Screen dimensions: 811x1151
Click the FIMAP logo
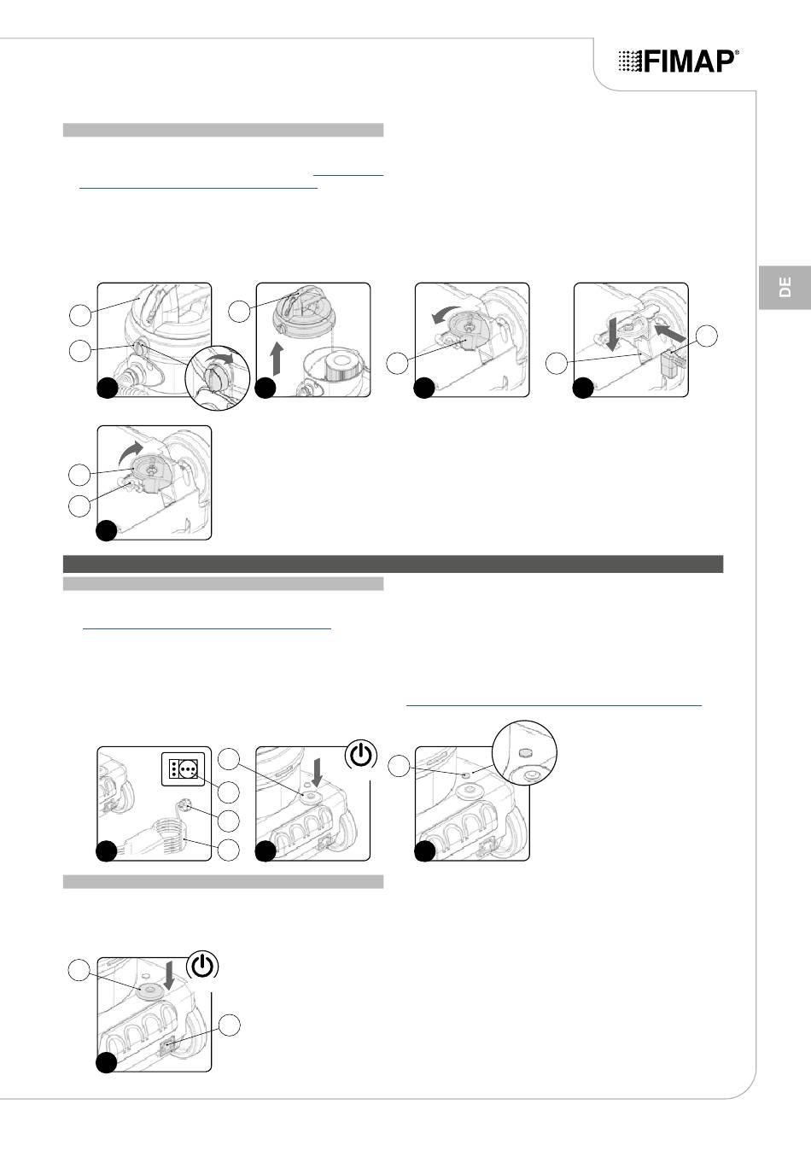pos(679,61)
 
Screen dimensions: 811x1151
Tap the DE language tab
pos(785,287)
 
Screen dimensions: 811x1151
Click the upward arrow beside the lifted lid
pos(277,358)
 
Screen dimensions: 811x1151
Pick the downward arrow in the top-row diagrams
pos(612,334)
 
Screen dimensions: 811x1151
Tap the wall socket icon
pos(184,768)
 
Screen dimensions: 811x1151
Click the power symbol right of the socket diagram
pos(362,755)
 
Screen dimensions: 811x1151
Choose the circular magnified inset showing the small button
pos(524,753)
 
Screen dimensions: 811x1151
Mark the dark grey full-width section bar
pos(393,564)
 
